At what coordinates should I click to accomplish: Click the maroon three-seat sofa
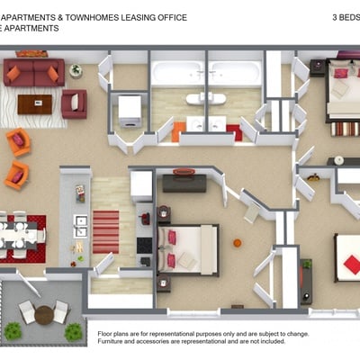(x=34, y=72)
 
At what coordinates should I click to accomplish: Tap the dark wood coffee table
(x=35, y=104)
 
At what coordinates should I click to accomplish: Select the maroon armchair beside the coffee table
(x=74, y=103)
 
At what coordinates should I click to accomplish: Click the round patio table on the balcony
(x=44, y=315)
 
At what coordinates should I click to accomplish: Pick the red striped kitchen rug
(x=106, y=232)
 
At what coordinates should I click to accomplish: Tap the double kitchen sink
(x=81, y=226)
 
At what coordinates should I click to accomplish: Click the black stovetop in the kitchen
(x=144, y=246)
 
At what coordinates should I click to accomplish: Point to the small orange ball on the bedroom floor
(x=238, y=243)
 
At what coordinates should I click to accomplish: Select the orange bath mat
(x=176, y=131)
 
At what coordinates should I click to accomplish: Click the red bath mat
(x=234, y=132)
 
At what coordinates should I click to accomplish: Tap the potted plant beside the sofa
(x=76, y=71)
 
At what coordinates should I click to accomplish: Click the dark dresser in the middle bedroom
(x=184, y=183)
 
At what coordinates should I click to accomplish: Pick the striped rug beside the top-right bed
(x=345, y=130)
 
